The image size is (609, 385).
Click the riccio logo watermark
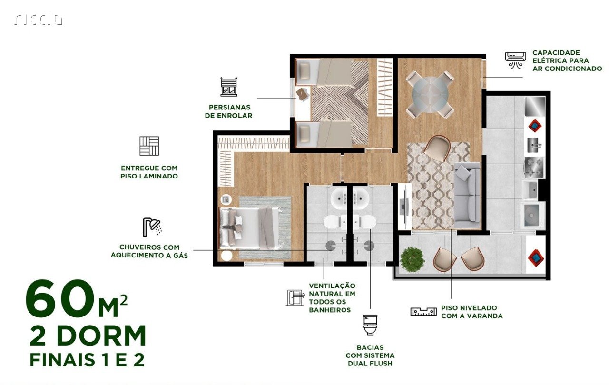pos(39,20)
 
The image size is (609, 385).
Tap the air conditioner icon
pos(513,60)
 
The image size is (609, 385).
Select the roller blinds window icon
pos(228,87)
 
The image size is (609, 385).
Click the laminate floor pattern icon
pos(149,146)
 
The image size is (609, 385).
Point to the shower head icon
pos(152,227)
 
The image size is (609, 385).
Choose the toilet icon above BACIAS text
pos(370,325)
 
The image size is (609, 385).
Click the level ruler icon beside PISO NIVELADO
pos(423,312)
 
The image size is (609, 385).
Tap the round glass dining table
pos(430,95)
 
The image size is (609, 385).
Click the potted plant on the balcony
pos(412,260)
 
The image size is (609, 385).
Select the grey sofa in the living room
pos(467,196)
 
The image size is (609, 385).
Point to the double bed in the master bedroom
pos(250,228)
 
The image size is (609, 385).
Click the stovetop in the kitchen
pos(534,167)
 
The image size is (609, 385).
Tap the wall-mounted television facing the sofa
pos(403,206)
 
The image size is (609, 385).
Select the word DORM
pos(102,336)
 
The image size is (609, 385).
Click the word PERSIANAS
pos(229,107)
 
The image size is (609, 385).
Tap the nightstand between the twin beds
pos(303,94)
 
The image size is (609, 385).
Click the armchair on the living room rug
pos(437,149)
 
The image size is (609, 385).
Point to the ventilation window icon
pos(295,298)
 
